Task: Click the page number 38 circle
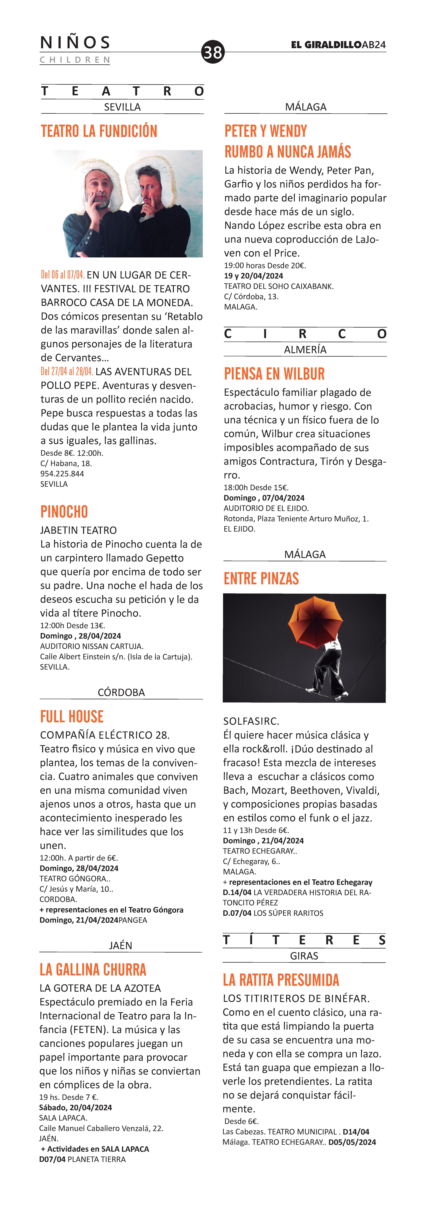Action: click(213, 52)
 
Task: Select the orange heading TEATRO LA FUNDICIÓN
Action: click(99, 131)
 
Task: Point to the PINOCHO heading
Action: click(64, 511)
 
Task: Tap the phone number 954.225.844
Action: click(62, 473)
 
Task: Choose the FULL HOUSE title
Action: click(72, 716)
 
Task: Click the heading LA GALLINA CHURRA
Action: click(93, 969)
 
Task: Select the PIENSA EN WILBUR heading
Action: click(274, 374)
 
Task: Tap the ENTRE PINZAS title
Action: click(261, 579)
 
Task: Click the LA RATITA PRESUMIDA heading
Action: click(281, 980)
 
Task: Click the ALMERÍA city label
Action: click(305, 349)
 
